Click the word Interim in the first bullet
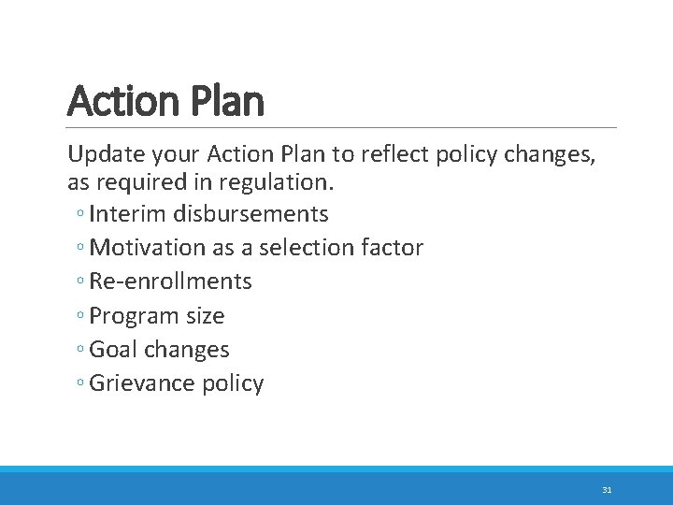126,214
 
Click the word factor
394,248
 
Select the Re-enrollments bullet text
171,281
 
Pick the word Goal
113,350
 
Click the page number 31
607,489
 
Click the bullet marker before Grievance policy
83,385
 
